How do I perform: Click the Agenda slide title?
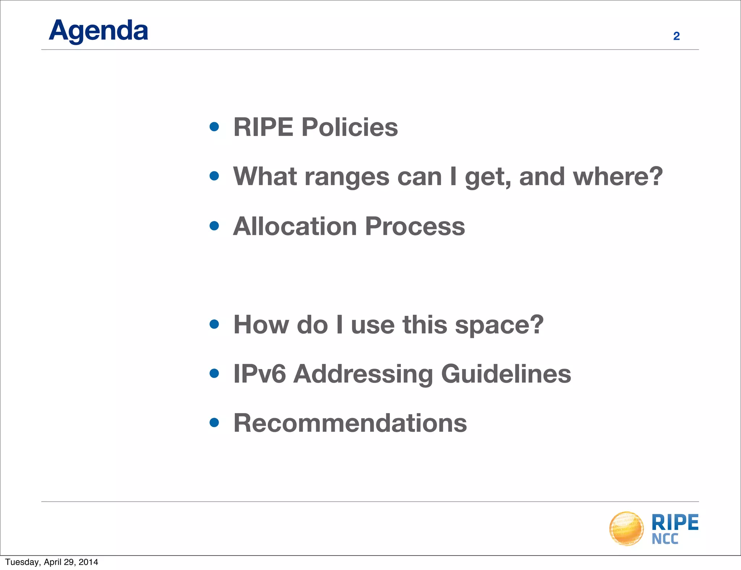[98, 31]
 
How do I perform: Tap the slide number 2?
[676, 36]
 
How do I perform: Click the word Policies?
[350, 127]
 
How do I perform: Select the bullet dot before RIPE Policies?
[214, 127]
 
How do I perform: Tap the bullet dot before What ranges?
[214, 176]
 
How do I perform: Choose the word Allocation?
[295, 226]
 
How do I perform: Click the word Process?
[415, 226]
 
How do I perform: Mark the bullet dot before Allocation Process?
[214, 226]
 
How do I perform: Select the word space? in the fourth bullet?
[499, 325]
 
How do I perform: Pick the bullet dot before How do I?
[214, 324]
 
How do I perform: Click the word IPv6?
[259, 374]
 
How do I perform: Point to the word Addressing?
[363, 375]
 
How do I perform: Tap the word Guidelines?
[506, 374]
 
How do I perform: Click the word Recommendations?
[350, 423]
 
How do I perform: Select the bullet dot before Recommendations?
[214, 422]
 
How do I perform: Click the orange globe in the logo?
[626, 528]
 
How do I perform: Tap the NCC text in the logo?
[665, 539]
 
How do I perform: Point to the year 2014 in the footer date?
[88, 562]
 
